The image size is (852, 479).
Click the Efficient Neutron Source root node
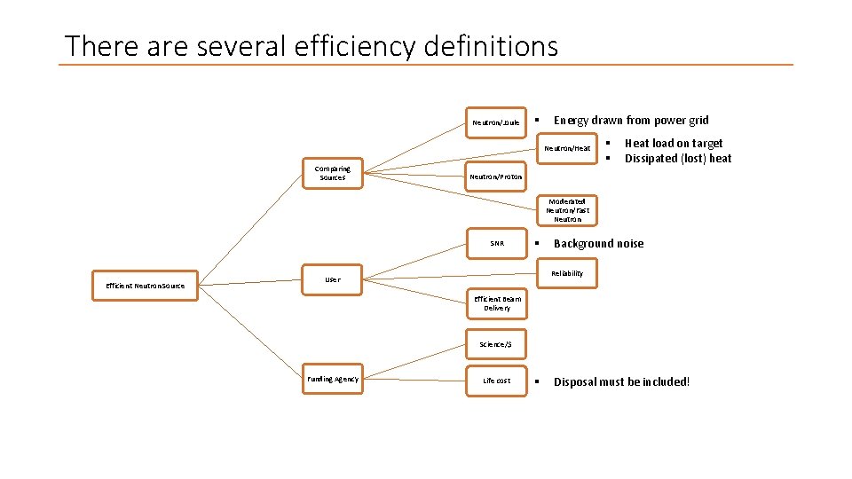pos(146,286)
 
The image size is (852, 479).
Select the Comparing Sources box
pos(333,173)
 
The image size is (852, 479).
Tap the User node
pos(332,279)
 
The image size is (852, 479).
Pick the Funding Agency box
pos(333,380)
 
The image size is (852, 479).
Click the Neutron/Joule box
pos(496,122)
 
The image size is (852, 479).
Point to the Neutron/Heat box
pos(567,148)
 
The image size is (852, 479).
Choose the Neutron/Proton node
pos(496,177)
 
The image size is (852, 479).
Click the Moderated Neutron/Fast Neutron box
pos(567,210)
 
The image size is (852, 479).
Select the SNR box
pos(496,243)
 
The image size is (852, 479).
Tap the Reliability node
pos(567,273)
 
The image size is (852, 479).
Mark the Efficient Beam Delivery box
pos(497,303)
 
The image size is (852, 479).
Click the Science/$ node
pos(496,344)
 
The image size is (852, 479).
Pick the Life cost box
pos(496,381)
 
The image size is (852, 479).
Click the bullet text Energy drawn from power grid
pos(631,120)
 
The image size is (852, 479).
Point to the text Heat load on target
pos(674,143)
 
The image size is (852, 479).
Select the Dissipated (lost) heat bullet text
pos(678,158)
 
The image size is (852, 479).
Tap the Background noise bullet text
pos(599,243)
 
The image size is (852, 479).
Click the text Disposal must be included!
pos(621,381)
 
